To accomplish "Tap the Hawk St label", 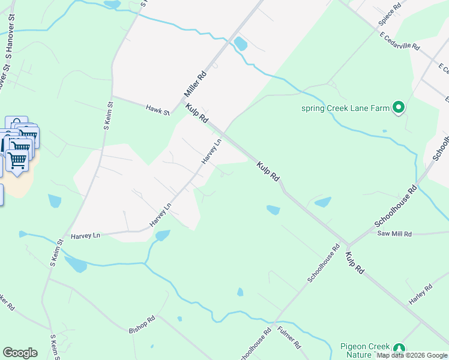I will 158,109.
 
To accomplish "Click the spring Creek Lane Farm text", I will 345,109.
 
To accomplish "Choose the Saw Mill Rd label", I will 394,234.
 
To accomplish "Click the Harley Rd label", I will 420,295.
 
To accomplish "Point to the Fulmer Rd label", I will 289,337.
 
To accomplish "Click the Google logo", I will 20,353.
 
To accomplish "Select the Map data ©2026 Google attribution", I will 412,355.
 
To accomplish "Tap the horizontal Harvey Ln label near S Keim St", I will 85,236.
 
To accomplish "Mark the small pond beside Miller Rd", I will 241,44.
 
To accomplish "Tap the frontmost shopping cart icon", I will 17,161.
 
